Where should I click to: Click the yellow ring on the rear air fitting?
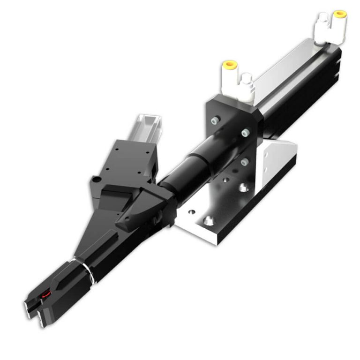pos(339,14)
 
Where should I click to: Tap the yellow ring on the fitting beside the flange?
pos(229,64)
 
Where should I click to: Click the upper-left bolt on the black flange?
pos(215,121)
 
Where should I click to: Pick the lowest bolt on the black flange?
pos(244,162)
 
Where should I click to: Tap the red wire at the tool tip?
pos(45,294)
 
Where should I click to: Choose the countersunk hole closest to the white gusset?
pos(243,188)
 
